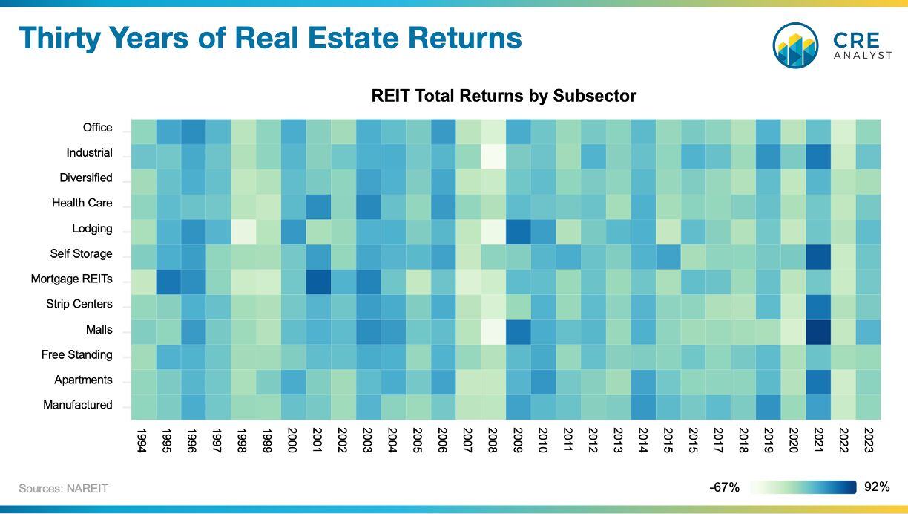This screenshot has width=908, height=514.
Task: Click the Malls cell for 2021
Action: click(x=818, y=332)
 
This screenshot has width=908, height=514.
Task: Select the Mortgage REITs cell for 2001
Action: click(x=318, y=282)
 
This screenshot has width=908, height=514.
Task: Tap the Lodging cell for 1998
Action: click(x=243, y=232)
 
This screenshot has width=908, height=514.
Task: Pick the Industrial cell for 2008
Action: click(x=493, y=157)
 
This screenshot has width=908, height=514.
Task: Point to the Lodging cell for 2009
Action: click(x=518, y=232)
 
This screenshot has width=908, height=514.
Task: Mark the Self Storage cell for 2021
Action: click(x=818, y=257)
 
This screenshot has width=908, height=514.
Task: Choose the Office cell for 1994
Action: click(x=143, y=131)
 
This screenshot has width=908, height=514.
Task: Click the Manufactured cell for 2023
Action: click(x=868, y=407)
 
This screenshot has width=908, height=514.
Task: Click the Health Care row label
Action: click(x=82, y=203)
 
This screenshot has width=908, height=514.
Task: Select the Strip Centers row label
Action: click(x=79, y=304)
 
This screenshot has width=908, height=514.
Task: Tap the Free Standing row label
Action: click(x=76, y=355)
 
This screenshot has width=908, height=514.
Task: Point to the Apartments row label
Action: click(x=83, y=380)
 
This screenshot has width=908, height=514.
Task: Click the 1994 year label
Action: click(x=142, y=440)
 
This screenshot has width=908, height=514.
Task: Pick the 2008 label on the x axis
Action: click(x=492, y=440)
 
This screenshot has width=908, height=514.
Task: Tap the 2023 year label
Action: click(x=869, y=440)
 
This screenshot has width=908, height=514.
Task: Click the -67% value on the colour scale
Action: click(x=724, y=487)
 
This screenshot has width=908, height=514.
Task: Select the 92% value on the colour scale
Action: click(x=877, y=487)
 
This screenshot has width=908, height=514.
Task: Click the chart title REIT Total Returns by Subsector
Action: click(x=504, y=97)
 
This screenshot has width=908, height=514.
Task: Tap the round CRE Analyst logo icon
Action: click(x=795, y=45)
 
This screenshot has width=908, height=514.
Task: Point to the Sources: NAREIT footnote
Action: click(x=63, y=489)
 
